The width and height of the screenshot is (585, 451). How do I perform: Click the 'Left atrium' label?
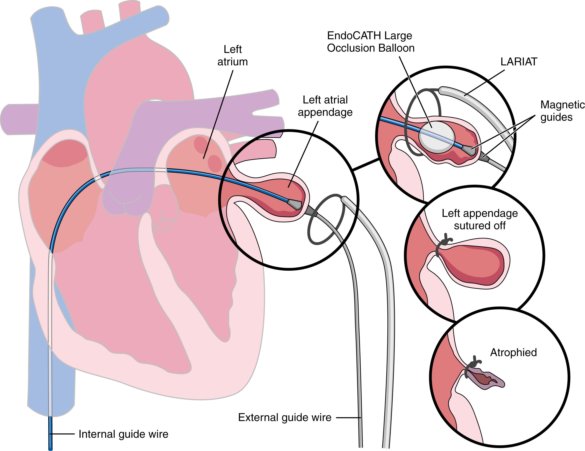[232, 56]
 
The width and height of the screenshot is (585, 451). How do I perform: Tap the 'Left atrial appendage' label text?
[325, 106]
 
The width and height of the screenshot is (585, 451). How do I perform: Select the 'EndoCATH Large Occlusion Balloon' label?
[370, 42]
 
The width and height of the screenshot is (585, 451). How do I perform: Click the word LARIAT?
[519, 62]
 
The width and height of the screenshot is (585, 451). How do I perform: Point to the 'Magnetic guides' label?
[562, 111]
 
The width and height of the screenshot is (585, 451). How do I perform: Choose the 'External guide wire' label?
[284, 418]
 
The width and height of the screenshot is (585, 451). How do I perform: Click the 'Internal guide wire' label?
[123, 434]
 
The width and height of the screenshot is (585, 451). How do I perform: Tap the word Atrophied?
[513, 352]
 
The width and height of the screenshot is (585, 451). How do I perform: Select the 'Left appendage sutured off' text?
[479, 220]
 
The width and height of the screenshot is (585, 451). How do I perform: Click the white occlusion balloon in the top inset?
[437, 137]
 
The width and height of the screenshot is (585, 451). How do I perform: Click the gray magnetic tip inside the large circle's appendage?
[295, 204]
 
